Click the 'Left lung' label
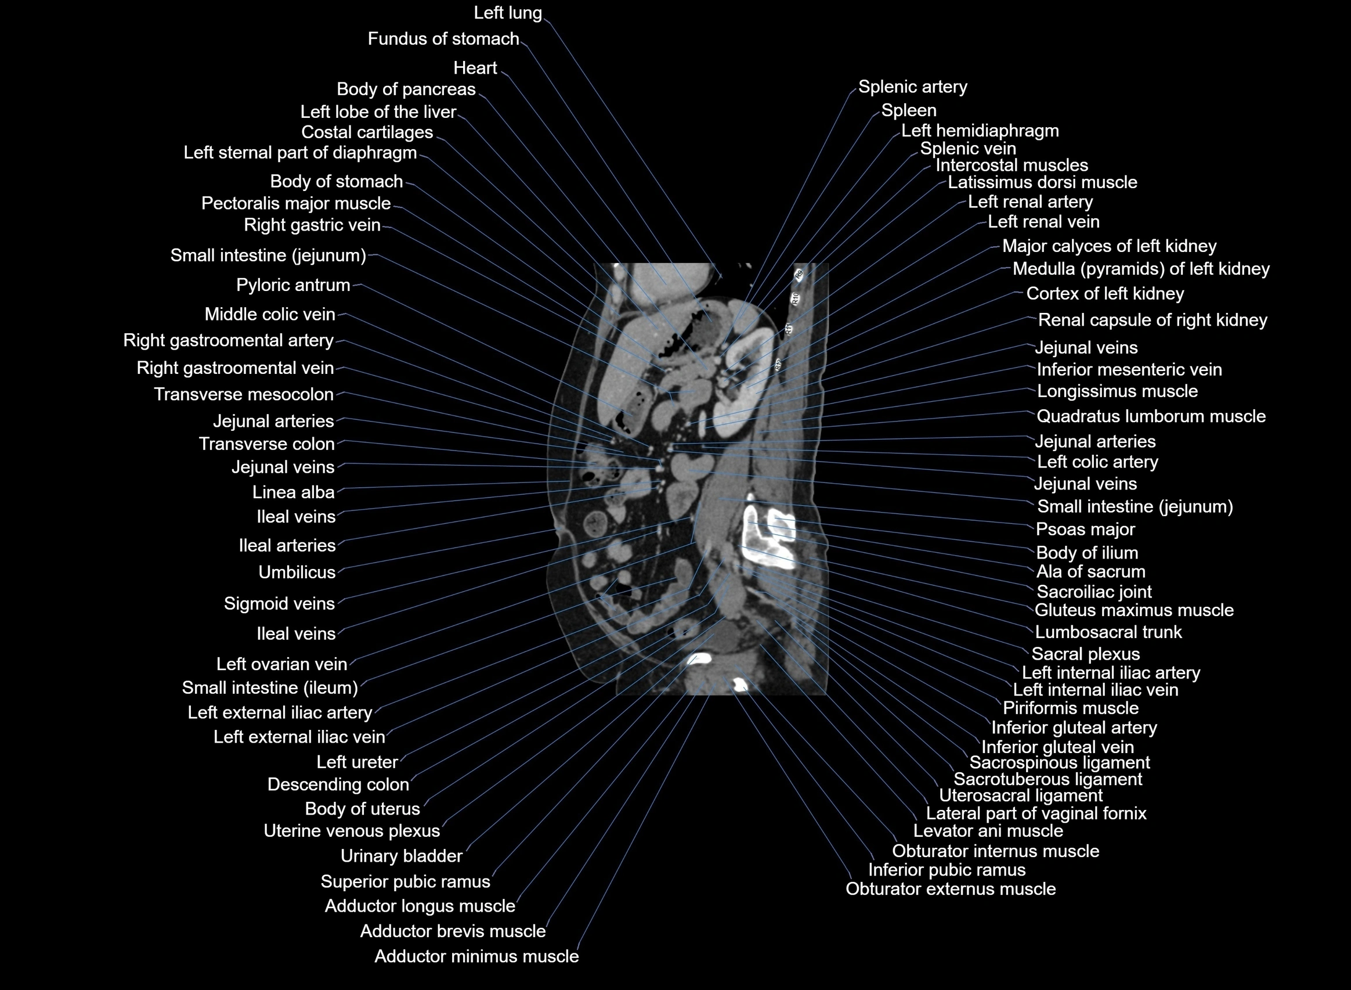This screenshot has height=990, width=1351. point(507,13)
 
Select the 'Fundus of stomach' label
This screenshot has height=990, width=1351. point(443,39)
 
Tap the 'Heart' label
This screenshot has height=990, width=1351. point(475,68)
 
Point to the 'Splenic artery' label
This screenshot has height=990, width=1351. point(912,87)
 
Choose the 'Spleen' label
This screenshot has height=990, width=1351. point(908,110)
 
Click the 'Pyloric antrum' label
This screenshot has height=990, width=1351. point(293,285)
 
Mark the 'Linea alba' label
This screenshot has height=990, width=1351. point(293,492)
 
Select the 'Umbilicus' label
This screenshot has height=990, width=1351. point(297,573)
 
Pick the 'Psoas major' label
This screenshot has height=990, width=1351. point(1085,529)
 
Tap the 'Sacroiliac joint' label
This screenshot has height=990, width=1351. point(1093,592)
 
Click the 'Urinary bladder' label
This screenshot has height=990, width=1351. point(401,856)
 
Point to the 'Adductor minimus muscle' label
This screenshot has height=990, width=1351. point(476,956)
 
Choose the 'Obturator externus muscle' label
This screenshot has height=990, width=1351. point(951,889)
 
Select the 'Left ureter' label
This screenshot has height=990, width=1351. point(357,762)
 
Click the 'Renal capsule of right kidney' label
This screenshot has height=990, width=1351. point(1152,320)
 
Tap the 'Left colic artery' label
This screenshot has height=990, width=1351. point(1097,462)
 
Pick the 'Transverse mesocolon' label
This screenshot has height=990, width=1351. point(244,394)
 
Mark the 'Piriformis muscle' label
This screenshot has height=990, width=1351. point(1070,708)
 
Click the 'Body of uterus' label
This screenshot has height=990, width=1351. point(362,808)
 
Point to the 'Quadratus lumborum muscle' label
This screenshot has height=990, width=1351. point(1150,416)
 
